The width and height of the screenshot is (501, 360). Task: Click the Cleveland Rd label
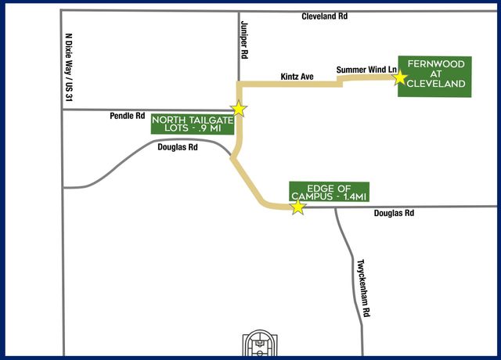tap(323, 16)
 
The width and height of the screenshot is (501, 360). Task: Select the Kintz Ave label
tap(297, 77)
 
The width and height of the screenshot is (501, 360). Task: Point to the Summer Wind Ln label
tap(366, 70)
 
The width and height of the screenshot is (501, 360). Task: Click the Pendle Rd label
tap(128, 116)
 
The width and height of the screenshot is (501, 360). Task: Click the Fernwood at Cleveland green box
tap(434, 77)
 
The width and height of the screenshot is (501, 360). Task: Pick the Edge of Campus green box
tap(326, 189)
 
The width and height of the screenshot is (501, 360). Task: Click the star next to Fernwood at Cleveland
tap(401, 77)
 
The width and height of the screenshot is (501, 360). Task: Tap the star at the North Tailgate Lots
tap(240, 109)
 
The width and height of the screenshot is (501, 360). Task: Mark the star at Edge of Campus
tap(297, 207)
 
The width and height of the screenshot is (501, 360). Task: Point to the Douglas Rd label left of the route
tap(177, 146)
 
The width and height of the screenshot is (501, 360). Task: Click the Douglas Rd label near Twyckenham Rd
tap(393, 213)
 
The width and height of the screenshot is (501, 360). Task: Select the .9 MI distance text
tap(207, 129)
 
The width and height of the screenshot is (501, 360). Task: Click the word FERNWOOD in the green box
tap(434, 64)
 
